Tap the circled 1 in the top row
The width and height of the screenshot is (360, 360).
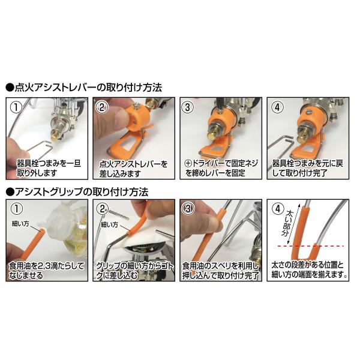pyautogui.click(x=16, y=107)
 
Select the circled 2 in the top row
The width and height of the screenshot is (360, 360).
pyautogui.click(x=103, y=107)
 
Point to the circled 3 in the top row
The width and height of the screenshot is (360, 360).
pyautogui.click(x=188, y=107)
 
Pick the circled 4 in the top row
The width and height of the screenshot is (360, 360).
pyautogui.click(x=278, y=107)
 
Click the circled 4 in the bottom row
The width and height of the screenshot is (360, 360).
pyautogui.click(x=278, y=209)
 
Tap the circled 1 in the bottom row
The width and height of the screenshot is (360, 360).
pyautogui.click(x=17, y=209)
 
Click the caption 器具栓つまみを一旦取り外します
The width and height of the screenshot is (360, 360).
pyautogui.click(x=49, y=168)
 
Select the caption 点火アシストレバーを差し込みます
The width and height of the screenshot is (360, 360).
pyautogui.click(x=133, y=169)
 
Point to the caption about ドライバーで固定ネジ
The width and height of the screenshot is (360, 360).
pyautogui.click(x=221, y=168)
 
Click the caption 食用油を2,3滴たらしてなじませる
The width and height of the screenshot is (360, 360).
pyautogui.click(x=47, y=271)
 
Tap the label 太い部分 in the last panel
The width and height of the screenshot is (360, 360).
pyautogui.click(x=286, y=224)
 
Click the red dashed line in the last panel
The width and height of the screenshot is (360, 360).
pyautogui.click(x=311, y=246)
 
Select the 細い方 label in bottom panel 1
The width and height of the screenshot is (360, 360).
pyautogui.click(x=20, y=223)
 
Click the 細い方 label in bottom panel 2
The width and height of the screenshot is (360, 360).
pyautogui.click(x=110, y=224)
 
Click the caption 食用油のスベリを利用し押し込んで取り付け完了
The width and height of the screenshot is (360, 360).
pyautogui.click(x=220, y=271)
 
